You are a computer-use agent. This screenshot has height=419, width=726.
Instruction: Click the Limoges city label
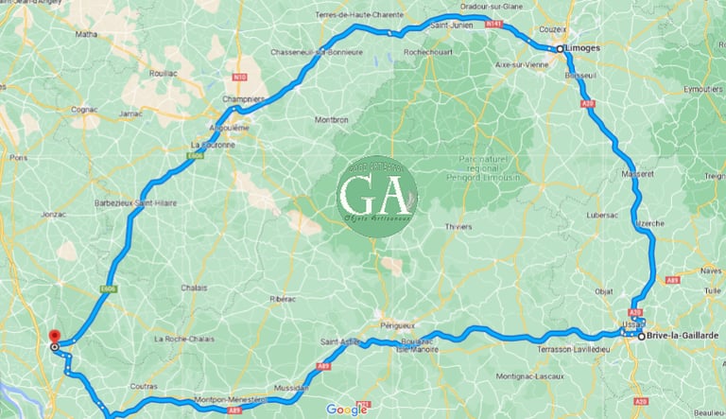coord(584,47)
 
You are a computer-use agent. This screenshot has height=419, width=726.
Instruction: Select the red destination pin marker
coord(54,337)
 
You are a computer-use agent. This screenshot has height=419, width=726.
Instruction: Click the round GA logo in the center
coord(376,196)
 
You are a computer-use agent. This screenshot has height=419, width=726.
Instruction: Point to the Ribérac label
coord(282,298)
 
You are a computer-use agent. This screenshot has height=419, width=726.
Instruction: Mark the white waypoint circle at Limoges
coord(559,47)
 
